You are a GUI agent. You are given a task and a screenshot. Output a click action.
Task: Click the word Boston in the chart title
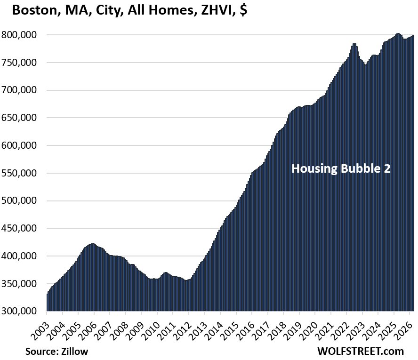33,10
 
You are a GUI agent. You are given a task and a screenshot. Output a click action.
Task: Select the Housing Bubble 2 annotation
341,168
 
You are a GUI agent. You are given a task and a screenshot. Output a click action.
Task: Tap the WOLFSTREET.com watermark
361,351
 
